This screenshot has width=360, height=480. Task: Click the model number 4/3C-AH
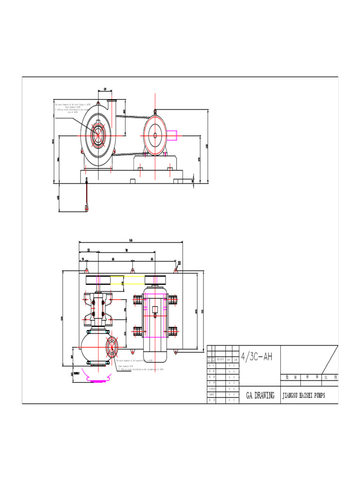pos(256,357)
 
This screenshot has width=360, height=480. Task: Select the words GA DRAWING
pos(260,396)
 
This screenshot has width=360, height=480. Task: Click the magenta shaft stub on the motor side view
pos(173,135)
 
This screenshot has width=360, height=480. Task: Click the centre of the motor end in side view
pos(155,135)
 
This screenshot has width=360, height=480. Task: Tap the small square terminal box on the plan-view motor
pos(155,309)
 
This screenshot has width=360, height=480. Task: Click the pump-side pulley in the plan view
pos(98,280)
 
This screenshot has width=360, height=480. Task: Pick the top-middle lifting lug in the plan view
pos(133,270)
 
